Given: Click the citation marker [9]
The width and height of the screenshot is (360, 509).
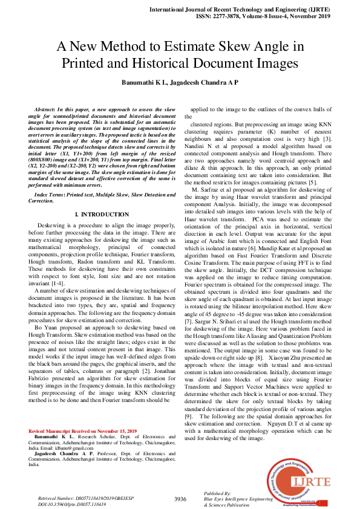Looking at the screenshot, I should (x=197, y=400).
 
